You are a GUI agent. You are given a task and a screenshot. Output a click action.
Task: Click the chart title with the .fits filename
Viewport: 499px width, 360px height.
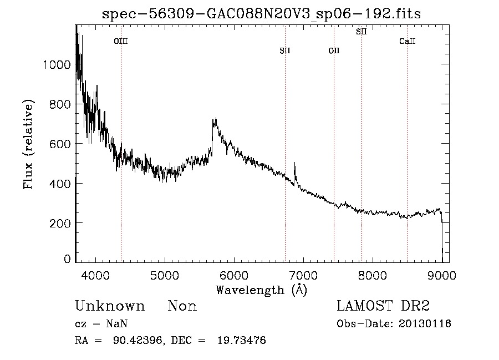point(262,14)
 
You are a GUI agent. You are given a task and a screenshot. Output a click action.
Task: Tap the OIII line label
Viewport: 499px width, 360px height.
point(121,41)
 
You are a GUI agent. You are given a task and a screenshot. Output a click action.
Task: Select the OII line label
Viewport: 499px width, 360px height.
point(334,51)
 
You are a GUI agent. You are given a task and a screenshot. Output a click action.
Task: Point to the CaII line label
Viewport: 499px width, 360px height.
point(408,41)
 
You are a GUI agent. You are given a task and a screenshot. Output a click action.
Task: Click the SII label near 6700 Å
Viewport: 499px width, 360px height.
point(285,51)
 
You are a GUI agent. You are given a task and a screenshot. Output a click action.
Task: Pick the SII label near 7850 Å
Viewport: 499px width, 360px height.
point(361,32)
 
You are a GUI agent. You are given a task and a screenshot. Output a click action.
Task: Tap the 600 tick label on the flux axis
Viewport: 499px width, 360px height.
point(59,144)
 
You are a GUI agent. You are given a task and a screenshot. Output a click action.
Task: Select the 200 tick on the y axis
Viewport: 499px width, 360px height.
point(59,222)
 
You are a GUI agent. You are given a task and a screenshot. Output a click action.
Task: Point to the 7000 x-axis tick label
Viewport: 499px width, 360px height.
point(303,275)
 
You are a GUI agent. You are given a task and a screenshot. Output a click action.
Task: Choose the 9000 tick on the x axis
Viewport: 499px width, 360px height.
point(442,275)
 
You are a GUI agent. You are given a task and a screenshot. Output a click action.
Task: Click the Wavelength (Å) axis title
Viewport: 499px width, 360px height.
point(261,290)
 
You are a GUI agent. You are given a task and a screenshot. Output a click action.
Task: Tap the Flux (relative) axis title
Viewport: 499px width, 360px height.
point(28,144)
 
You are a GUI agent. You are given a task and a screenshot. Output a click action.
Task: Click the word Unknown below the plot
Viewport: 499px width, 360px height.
point(110,306)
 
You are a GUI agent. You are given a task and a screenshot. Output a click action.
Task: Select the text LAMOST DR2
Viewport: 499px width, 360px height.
point(383,306)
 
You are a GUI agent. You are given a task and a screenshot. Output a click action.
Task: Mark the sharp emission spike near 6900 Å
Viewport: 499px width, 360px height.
point(294,165)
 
